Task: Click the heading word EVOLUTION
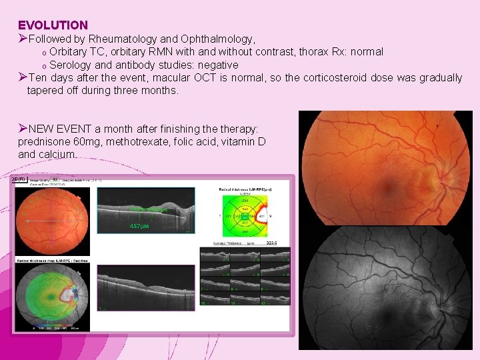tap(53, 25)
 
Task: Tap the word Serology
tap(72, 65)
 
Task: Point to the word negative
tap(215, 65)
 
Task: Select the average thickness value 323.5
tap(271, 244)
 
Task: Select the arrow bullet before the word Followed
tap(23, 39)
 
